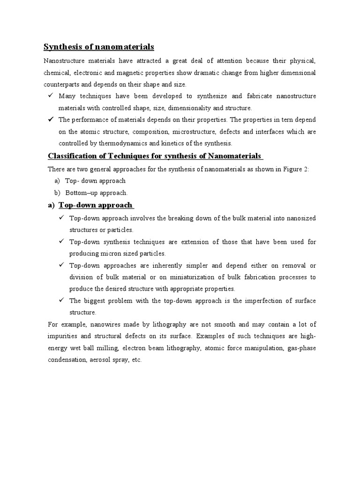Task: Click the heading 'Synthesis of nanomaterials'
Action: (98, 47)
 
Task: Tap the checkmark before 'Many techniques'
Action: (50, 96)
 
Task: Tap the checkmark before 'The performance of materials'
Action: (50, 120)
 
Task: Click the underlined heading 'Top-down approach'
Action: (96, 205)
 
